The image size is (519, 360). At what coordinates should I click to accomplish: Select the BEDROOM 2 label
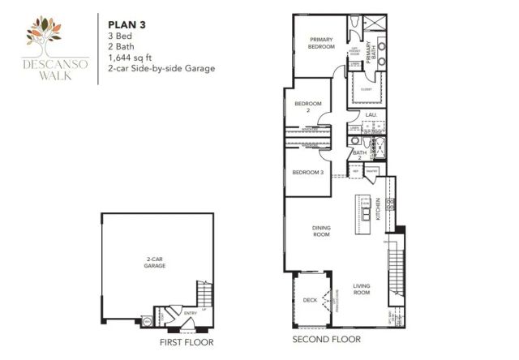308,106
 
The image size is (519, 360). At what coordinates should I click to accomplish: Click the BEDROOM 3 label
308,173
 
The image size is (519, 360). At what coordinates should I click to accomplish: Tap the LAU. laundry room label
372,116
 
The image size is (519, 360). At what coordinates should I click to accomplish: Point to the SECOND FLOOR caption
328,340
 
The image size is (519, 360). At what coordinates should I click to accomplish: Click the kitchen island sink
367,212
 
